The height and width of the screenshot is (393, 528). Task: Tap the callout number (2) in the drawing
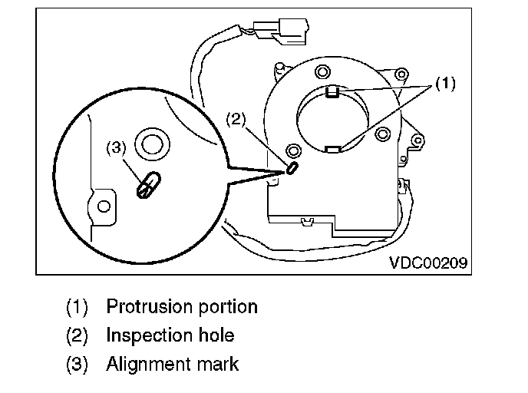coord(236,119)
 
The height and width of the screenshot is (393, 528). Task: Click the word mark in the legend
coord(218,364)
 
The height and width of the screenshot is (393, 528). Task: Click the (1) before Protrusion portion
coord(78,307)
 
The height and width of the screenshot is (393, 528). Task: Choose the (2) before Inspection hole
coord(78,335)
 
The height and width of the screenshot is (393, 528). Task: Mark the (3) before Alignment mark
coord(78,364)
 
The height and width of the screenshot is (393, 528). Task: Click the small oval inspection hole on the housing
coord(292,168)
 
